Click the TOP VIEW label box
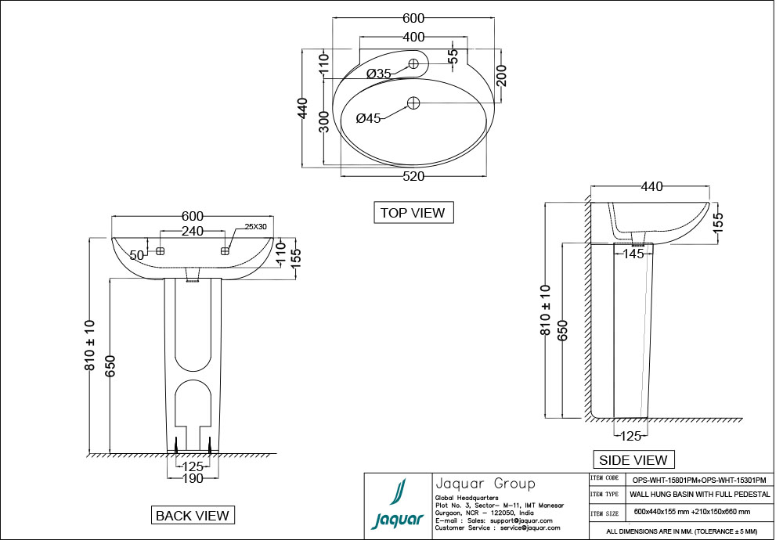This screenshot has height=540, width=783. pos(412,212)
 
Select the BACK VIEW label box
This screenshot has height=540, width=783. pos(193,515)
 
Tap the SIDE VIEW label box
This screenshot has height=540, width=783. pos(633,460)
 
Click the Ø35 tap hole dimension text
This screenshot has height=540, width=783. pos(379,74)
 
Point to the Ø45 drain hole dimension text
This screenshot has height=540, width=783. pos(368,119)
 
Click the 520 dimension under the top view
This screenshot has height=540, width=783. pos(413,177)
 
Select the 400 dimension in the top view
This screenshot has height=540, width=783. pos(413,38)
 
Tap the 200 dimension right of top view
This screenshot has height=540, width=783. pos(502,76)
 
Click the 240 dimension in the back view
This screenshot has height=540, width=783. pos(193,231)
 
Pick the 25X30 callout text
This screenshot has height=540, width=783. pos(256,226)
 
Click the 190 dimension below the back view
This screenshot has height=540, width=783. pos(193,478)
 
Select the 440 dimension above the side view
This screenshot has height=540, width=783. pos(651,186)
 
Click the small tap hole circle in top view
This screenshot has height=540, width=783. pos(413,64)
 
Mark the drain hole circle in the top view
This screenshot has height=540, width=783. pos(413,102)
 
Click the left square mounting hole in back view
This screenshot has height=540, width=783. pos(160,251)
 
